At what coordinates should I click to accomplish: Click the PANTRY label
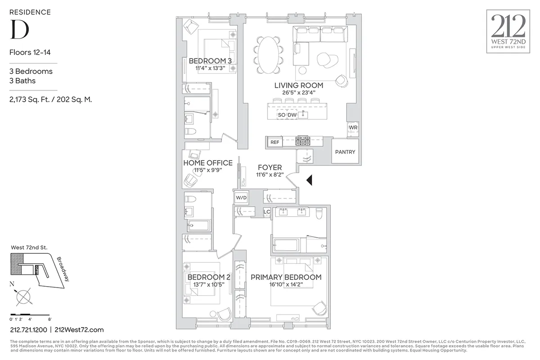click(345, 152)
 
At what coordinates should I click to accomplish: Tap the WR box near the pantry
click(352, 128)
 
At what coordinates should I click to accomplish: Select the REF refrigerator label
click(274, 142)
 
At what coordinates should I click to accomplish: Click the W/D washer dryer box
click(241, 198)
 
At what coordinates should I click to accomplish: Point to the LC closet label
click(267, 212)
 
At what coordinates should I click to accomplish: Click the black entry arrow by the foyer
click(309, 180)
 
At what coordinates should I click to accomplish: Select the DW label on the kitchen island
click(292, 115)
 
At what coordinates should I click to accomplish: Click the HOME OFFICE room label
click(208, 163)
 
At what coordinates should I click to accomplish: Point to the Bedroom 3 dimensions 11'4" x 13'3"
click(210, 68)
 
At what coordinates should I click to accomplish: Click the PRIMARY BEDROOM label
click(286, 277)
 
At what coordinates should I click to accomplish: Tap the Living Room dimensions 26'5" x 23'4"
click(298, 93)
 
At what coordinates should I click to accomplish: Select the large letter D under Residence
click(19, 29)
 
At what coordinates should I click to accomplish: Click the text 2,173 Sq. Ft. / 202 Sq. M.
click(50, 100)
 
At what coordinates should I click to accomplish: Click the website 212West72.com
click(79, 330)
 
